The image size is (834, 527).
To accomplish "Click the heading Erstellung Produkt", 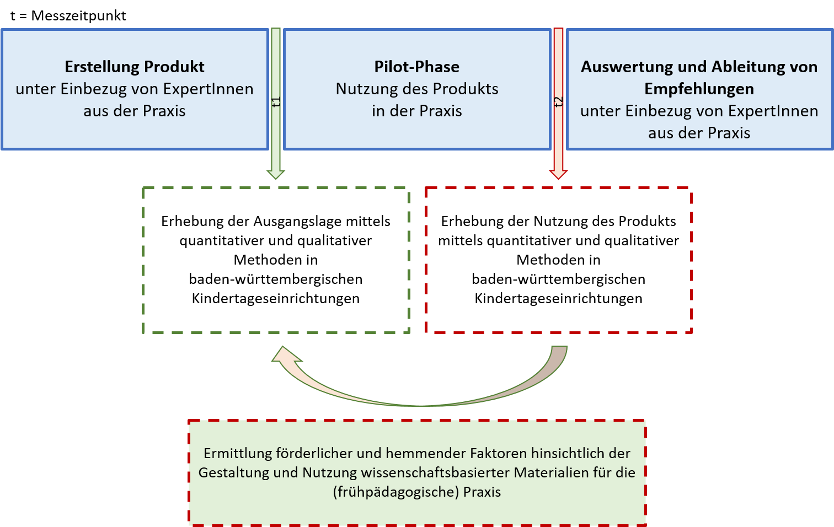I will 135,67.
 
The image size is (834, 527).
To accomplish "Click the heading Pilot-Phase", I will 416,67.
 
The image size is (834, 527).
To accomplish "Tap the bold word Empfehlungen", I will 699,89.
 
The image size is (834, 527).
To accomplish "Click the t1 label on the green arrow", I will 276,102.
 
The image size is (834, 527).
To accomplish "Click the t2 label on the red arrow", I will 558,102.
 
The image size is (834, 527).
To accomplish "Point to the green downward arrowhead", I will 276,174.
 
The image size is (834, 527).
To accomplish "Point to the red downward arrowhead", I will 558,174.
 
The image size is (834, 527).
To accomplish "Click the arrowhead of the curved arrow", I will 285,356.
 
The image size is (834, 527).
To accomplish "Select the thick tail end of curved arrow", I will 558,353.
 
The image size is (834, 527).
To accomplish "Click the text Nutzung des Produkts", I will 416,89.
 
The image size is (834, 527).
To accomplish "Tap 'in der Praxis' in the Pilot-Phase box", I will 416,111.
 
